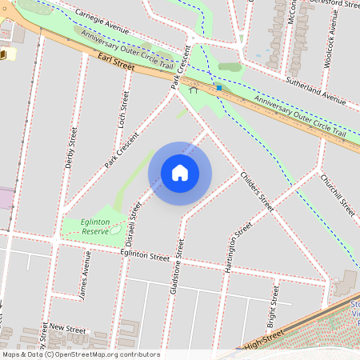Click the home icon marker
click(179, 173)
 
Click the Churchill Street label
click(336, 194)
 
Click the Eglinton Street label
click(146, 258)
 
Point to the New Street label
click(66, 328)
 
